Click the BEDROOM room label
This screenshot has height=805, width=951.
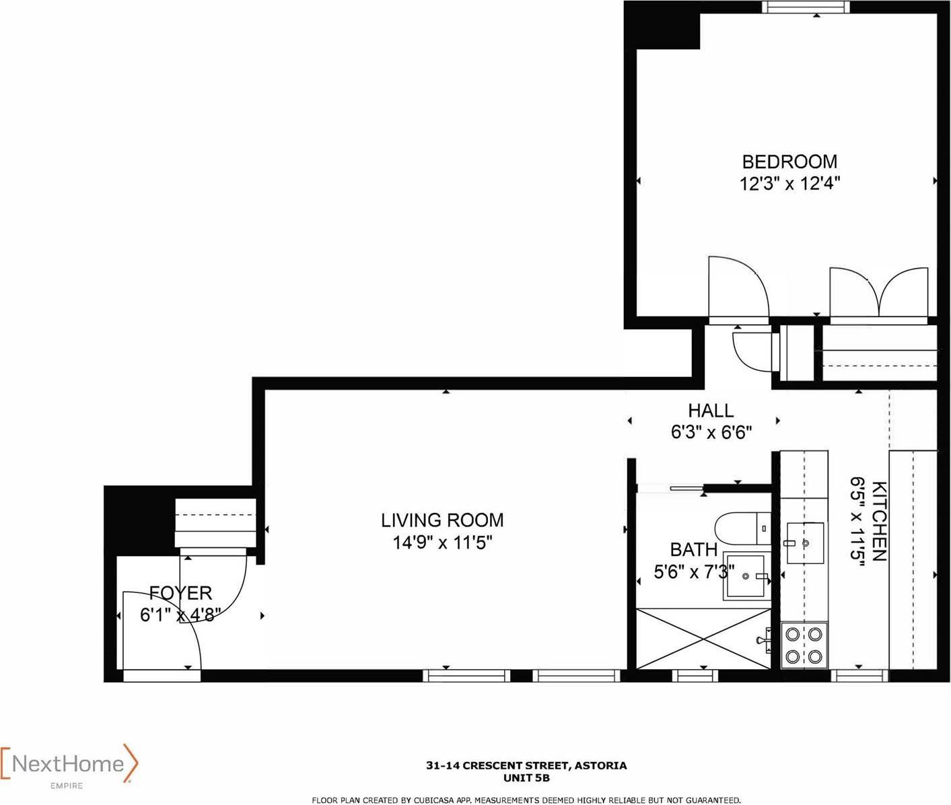pyautogui.click(x=789, y=162)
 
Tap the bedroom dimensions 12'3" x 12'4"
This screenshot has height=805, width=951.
pyautogui.click(x=789, y=184)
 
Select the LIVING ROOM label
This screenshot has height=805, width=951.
pyautogui.click(x=442, y=520)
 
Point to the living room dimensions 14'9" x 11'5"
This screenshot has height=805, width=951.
pyautogui.click(x=442, y=542)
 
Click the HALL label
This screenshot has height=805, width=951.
pyautogui.click(x=711, y=411)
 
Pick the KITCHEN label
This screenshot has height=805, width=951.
pyautogui.click(x=879, y=521)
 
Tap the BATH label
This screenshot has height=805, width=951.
pyautogui.click(x=694, y=550)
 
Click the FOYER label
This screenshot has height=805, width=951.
pyautogui.click(x=181, y=593)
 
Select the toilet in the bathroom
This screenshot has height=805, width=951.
pyautogui.click(x=743, y=528)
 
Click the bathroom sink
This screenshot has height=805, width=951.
pyautogui.click(x=745, y=576)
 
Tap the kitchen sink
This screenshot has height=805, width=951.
pyautogui.click(x=805, y=543)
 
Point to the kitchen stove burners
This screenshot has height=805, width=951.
pyautogui.click(x=804, y=645)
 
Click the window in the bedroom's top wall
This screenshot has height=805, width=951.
pyautogui.click(x=805, y=7)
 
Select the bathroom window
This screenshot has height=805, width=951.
pyautogui.click(x=695, y=675)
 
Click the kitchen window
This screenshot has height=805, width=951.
pyautogui.click(x=860, y=675)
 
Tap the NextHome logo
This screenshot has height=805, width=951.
pyautogui.click(x=69, y=764)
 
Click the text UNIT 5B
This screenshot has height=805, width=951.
pyautogui.click(x=526, y=778)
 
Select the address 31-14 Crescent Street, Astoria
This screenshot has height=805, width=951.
pyautogui.click(x=526, y=765)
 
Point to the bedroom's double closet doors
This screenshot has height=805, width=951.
pyautogui.click(x=879, y=293)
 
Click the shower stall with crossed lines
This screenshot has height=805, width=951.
pyautogui.click(x=703, y=639)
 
